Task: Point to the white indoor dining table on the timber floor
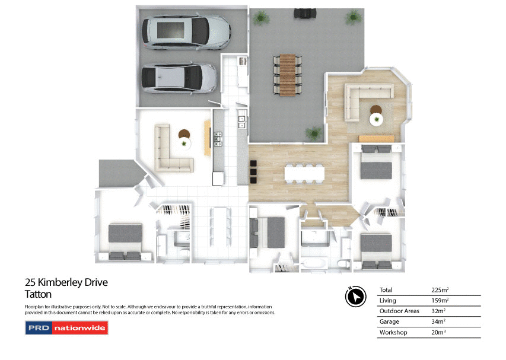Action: click(x=304, y=173)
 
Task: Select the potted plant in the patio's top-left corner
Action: click(x=260, y=18)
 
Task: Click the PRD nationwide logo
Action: click(x=66, y=327)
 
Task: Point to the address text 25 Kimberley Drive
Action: click(x=66, y=282)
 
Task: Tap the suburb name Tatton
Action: click(x=38, y=294)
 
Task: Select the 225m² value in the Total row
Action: click(x=440, y=290)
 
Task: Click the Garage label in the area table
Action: click(x=389, y=322)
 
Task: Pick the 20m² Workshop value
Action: click(x=438, y=333)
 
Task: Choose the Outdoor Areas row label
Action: click(x=399, y=311)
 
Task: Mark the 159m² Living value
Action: click(x=440, y=301)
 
